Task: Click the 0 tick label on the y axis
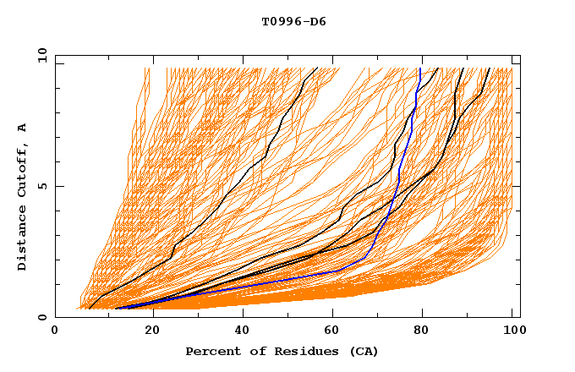click(41, 318)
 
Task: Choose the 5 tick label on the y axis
click(41, 186)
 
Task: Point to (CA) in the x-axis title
click(364, 351)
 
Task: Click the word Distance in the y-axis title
click(23, 242)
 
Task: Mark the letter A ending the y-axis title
click(23, 128)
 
